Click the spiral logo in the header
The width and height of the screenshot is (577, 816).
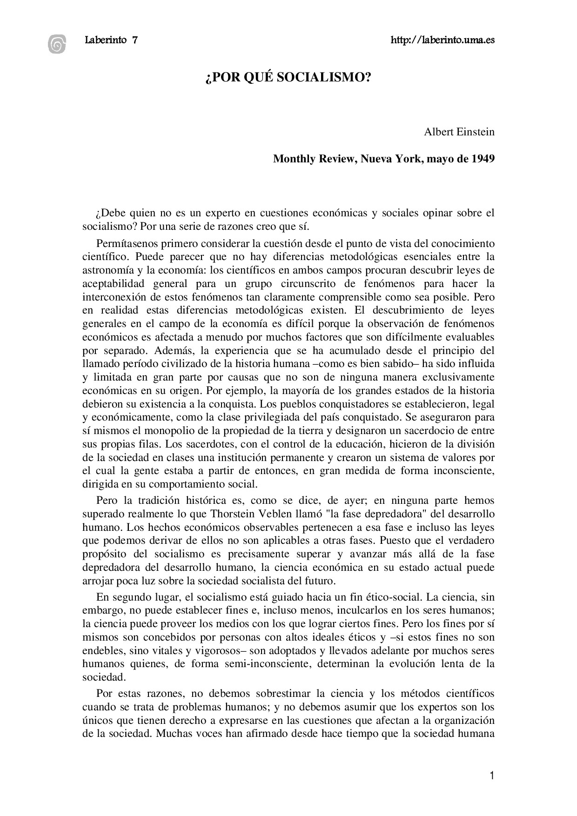(57, 44)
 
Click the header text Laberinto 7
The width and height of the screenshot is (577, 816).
(111, 40)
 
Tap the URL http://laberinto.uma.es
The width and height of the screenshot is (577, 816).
(442, 40)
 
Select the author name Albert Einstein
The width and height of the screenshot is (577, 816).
(459, 132)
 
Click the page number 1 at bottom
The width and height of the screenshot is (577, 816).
(492, 776)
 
